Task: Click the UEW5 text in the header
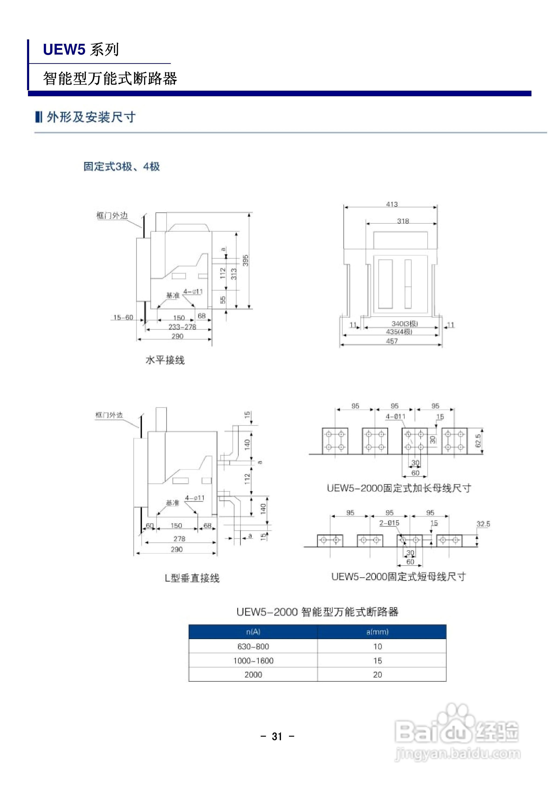pyautogui.click(x=64, y=50)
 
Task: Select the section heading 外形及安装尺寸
pyautogui.click(x=91, y=117)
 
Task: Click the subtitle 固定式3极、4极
pyautogui.click(x=121, y=166)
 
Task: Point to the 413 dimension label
pyautogui.click(x=392, y=204)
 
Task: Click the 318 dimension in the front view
pyautogui.click(x=403, y=221)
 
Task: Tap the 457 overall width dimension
pyautogui.click(x=392, y=341)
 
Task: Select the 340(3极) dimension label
pyautogui.click(x=405, y=324)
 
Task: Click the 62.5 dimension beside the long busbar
pyautogui.click(x=478, y=441)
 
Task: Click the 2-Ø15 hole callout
pyautogui.click(x=389, y=523)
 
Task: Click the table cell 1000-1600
pyautogui.click(x=253, y=661)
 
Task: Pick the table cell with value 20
pyautogui.click(x=378, y=675)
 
